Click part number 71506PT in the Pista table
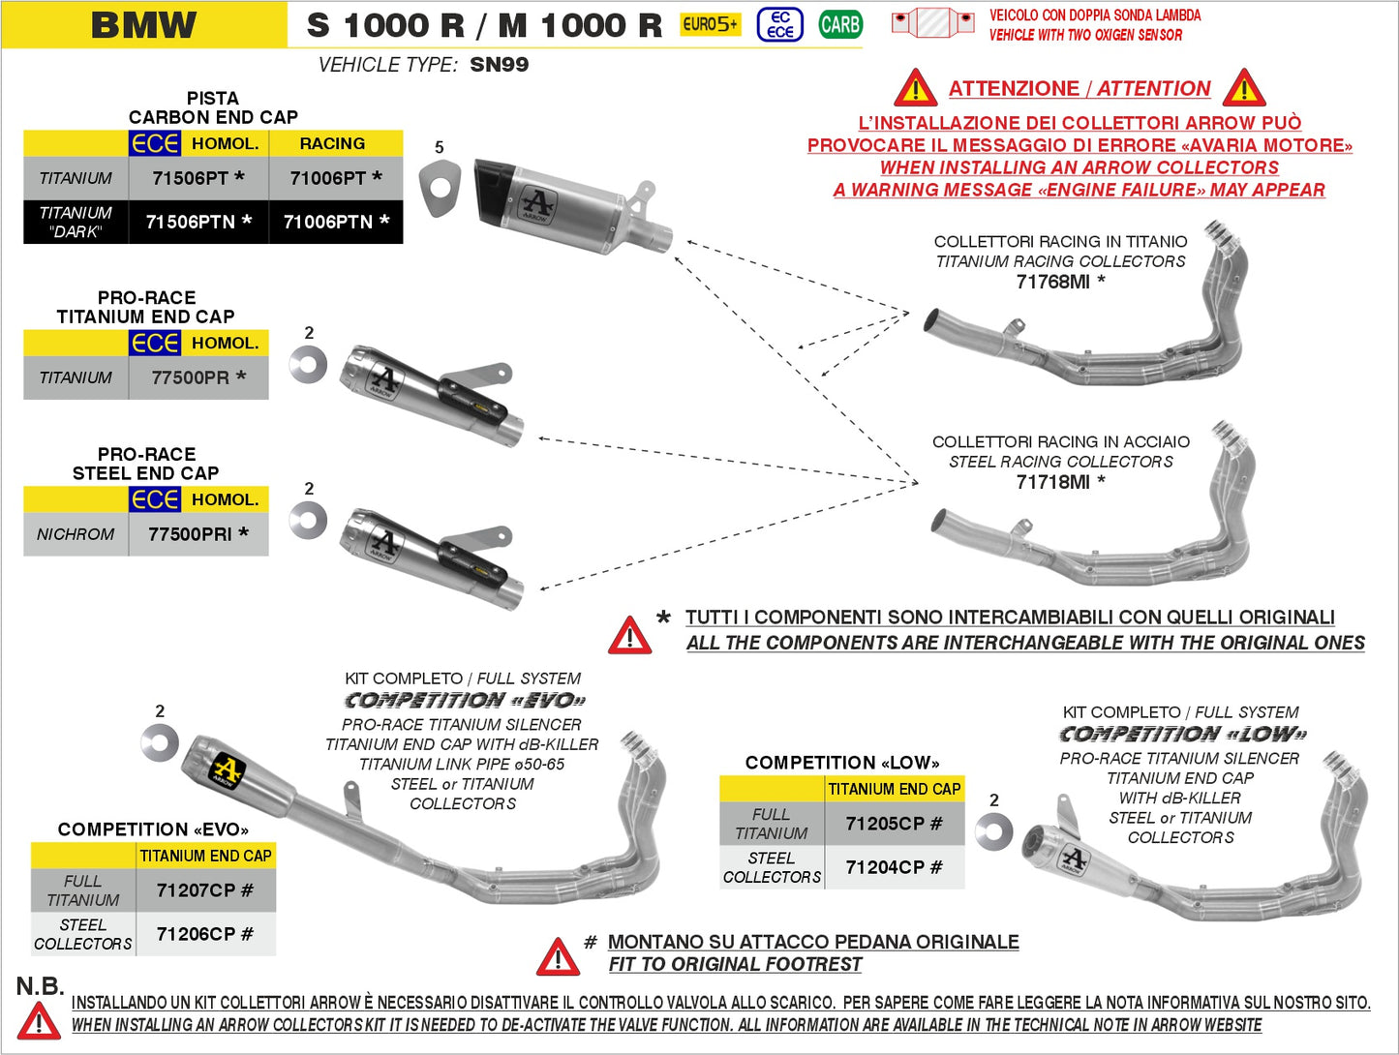pyautogui.click(x=198, y=178)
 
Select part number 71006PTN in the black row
pyautogui.click(x=335, y=222)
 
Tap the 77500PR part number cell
pyautogui.click(x=198, y=377)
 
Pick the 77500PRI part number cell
pyautogui.click(x=198, y=533)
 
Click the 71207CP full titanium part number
pyautogui.click(x=204, y=889)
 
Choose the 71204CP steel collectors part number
pyautogui.click(x=893, y=867)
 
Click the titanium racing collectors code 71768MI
pyautogui.click(x=1059, y=282)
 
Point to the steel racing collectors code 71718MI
pyautogui.click(x=1059, y=482)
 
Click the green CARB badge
pyautogui.click(x=839, y=24)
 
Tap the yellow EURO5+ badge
pyautogui.click(x=710, y=24)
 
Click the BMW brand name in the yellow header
pyautogui.click(x=143, y=25)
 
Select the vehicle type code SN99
pyautogui.click(x=499, y=65)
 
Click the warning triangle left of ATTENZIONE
pyautogui.click(x=915, y=89)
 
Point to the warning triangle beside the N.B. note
pyautogui.click(x=39, y=1021)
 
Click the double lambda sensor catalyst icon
pyautogui.click(x=931, y=22)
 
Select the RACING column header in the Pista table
pyautogui.click(x=332, y=143)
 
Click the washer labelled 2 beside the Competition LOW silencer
pyautogui.click(x=993, y=831)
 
